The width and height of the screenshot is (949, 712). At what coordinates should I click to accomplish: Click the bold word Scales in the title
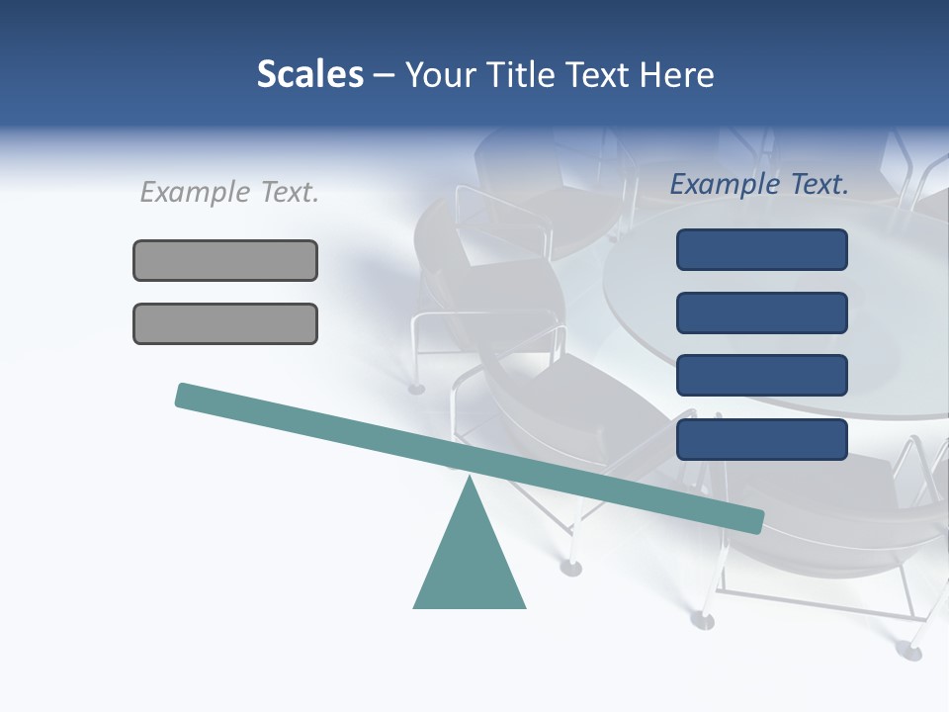pos(309,74)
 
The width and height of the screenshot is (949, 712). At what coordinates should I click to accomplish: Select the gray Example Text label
pos(229,192)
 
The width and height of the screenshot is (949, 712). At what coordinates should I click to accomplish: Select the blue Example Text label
pos(760,184)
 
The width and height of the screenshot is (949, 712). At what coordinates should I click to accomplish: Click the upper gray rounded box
pos(225,260)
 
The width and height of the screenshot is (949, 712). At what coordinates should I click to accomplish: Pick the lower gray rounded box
pos(225,323)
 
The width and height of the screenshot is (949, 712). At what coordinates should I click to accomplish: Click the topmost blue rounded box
pos(761,249)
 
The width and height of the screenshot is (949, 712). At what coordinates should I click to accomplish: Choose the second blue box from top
pos(761,312)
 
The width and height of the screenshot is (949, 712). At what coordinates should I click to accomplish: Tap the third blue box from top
pos(761,376)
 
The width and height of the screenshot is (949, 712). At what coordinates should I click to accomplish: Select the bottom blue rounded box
pos(761,439)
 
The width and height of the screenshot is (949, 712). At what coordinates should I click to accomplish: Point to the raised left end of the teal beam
pos(184,395)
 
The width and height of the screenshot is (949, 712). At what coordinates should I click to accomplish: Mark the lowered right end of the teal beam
pos(755,521)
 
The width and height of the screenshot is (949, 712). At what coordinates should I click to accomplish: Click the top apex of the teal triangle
pos(470,479)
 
